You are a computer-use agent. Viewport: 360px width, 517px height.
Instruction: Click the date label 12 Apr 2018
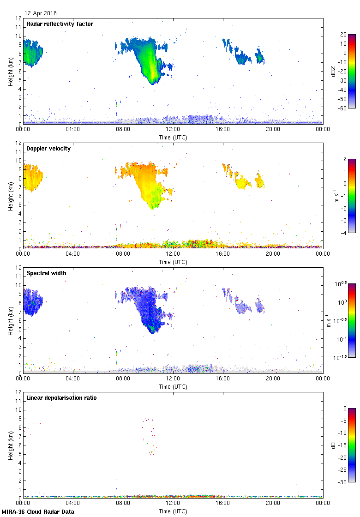pos(41,13)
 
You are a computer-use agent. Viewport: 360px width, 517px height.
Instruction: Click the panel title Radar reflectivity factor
pos(60,24)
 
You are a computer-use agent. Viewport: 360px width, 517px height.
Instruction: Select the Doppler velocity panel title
pos(48,149)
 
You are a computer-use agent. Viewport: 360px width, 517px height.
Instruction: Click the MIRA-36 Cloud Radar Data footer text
pos(37,512)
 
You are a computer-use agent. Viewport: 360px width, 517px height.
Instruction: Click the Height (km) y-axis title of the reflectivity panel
pos(10,71)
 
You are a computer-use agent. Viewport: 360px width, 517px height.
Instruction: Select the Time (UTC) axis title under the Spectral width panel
pos(173,386)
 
